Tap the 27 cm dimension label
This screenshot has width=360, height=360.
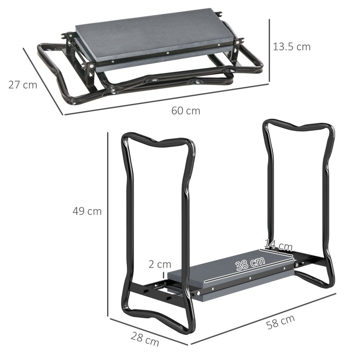point(22,85)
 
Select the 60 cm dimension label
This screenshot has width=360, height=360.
point(185,111)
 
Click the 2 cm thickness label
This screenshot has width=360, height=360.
point(160,264)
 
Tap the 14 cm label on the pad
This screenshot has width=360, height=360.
point(278,246)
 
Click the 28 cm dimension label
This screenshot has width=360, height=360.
point(145,339)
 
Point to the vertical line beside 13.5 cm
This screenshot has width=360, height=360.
point(269,50)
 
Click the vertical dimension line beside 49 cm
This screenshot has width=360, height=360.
point(108,225)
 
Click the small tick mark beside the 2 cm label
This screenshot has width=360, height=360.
point(163,275)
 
